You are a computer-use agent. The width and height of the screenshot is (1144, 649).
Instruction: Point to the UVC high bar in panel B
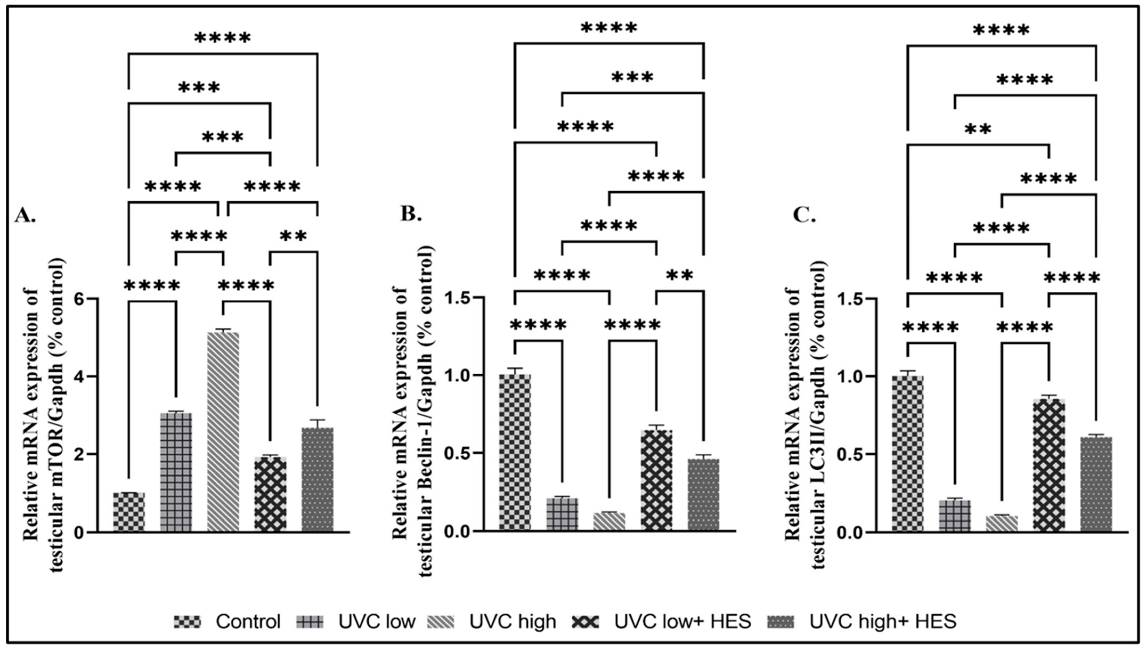pyautogui.click(x=609, y=522)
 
